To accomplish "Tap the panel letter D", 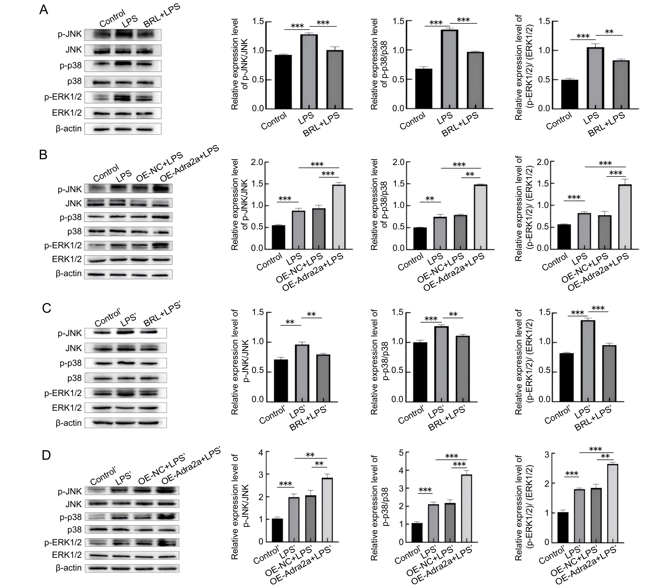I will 46,455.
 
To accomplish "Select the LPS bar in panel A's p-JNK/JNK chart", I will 309,71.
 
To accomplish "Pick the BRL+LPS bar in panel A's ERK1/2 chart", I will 621,84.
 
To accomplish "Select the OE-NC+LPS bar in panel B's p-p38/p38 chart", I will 460,232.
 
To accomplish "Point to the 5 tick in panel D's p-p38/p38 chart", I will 401,452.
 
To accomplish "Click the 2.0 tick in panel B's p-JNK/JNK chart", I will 257,162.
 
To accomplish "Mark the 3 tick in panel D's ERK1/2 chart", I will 547,455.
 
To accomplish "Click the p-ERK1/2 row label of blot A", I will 63,97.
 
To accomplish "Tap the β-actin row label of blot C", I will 68,423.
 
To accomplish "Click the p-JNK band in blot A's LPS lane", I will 125,34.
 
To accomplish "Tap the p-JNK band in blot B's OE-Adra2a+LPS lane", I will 162,188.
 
